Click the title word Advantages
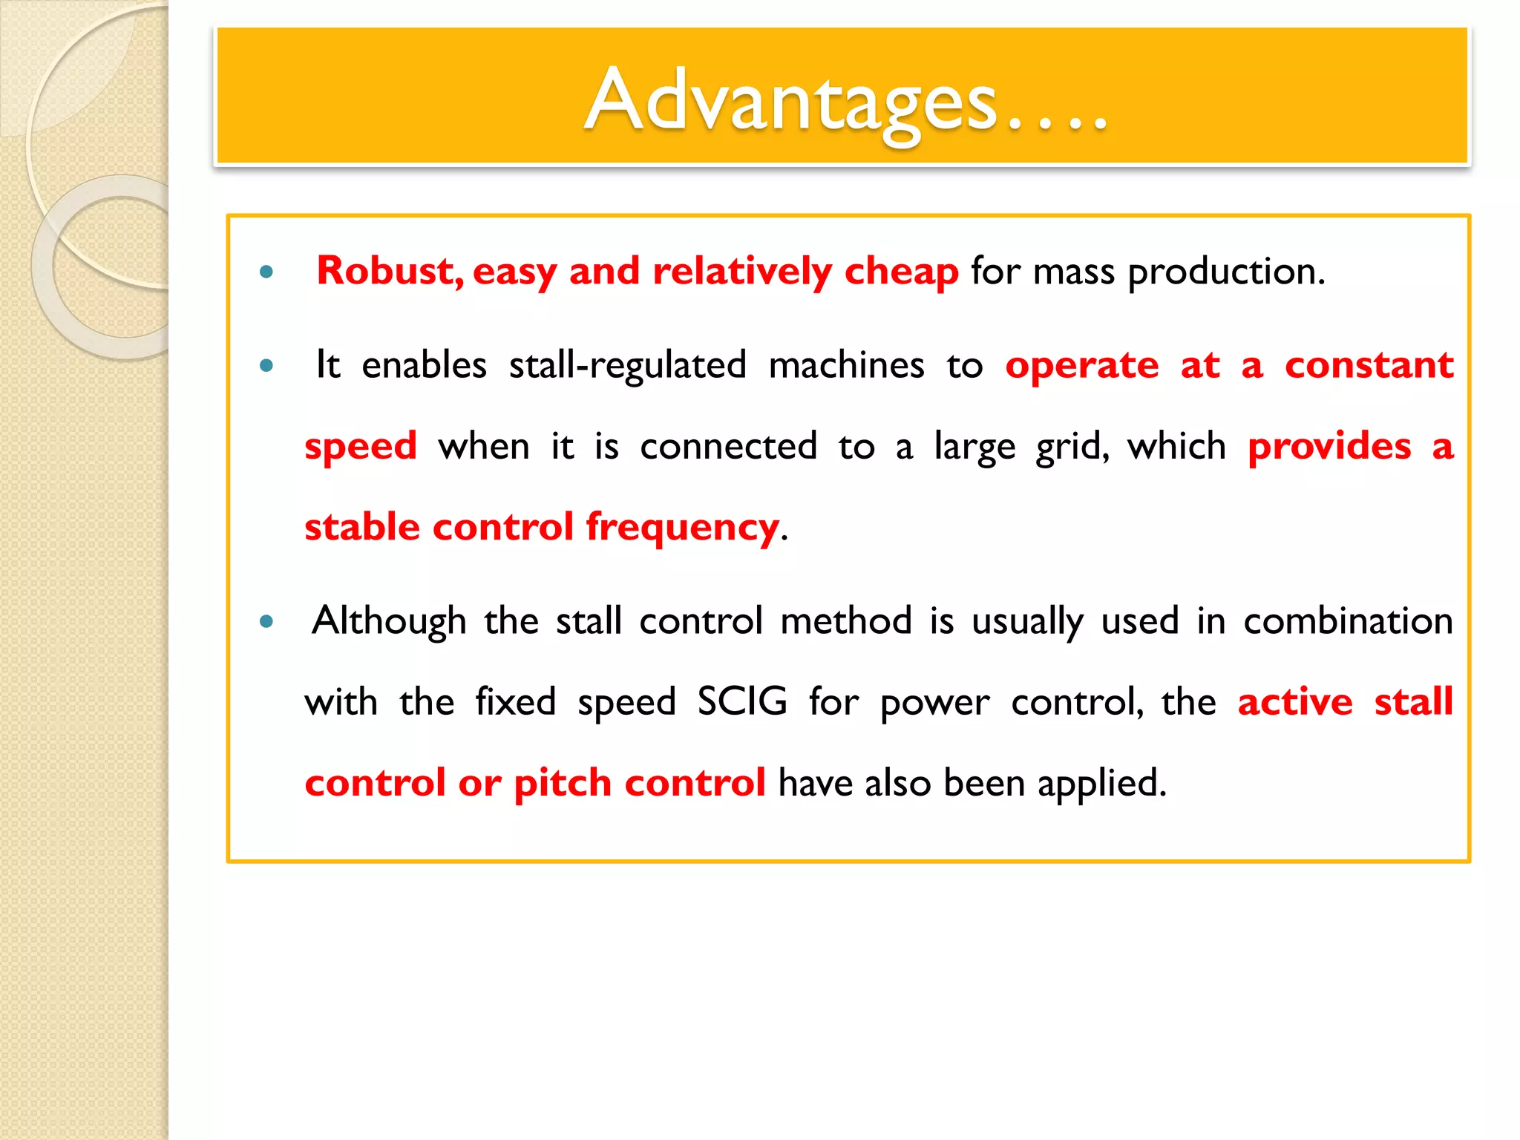pos(790,100)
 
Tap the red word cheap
pos(901,272)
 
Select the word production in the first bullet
pos(1225,272)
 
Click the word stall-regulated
pos(627,365)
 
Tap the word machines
pos(846,365)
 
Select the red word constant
pos(1369,365)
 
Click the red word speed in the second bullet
pos(361,447)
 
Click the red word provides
pos(1329,447)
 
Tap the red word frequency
pos(682,528)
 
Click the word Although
pos(389,621)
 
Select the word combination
pos(1348,621)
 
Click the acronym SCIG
pos(742,702)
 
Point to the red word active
pos(1295,702)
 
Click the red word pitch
pos(562,784)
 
